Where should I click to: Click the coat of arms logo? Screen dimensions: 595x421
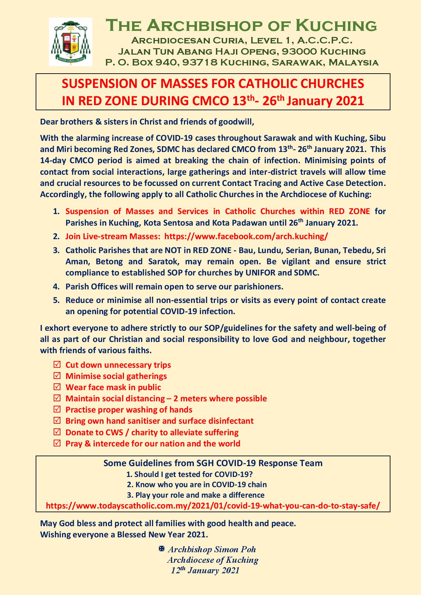[x=71, y=42]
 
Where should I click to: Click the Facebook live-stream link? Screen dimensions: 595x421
[x=246, y=236]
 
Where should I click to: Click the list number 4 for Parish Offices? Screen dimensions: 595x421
[x=56, y=286]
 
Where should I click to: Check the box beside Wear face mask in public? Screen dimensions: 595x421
[x=57, y=387]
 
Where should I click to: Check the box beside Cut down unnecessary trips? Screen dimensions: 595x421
[x=57, y=365]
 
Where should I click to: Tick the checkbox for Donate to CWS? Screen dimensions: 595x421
[x=57, y=432]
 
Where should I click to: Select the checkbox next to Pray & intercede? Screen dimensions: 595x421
[x=57, y=443]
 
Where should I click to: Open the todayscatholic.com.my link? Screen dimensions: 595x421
[x=213, y=505]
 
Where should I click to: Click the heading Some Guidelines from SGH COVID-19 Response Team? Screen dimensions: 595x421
[x=213, y=463]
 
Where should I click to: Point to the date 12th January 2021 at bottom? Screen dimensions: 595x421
[x=205, y=571]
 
